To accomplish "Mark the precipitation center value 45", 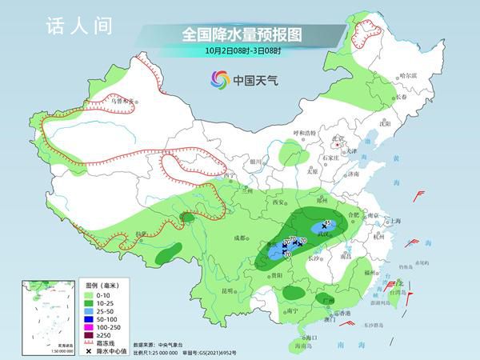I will click(327, 222).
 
